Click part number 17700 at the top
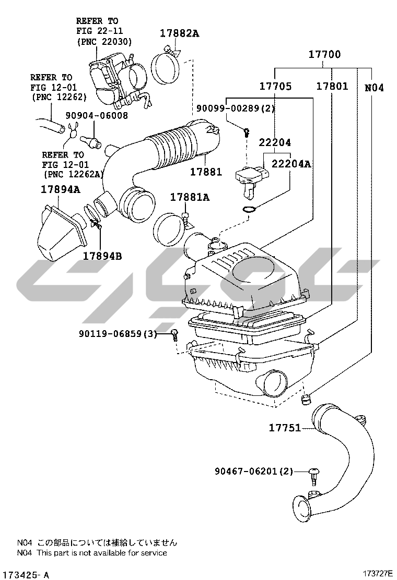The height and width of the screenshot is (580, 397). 324,54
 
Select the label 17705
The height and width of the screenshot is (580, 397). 276,86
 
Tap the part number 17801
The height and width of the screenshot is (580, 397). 332,86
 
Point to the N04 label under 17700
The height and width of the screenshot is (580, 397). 374,88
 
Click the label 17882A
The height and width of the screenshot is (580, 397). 179,33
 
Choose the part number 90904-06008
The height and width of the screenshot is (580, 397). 97,116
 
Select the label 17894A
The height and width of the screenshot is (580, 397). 60,190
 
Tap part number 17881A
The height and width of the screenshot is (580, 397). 190,197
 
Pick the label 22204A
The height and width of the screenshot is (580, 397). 291,164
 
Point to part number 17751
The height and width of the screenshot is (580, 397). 285,428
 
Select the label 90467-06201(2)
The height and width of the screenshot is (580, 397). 254,471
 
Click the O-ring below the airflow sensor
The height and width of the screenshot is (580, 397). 250,209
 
